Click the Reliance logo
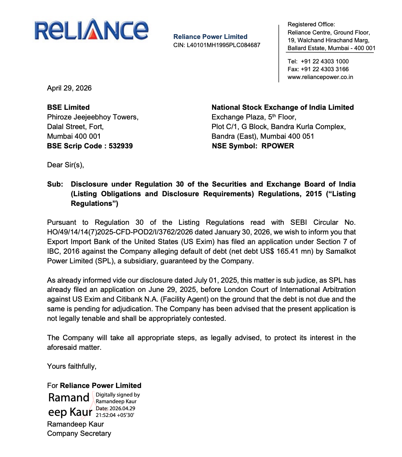coord(92,30)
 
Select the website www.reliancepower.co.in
coord(320,77)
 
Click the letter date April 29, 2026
coord(69,88)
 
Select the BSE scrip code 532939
coord(121,146)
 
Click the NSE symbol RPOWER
coord(278,146)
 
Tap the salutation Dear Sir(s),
coord(66,165)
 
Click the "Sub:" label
coord(55,184)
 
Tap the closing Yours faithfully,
coord(72,366)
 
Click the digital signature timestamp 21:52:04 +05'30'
coord(115,415)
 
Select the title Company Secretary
coord(79,433)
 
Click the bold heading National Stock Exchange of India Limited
coord(283,107)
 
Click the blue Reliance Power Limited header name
coord(210,37)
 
